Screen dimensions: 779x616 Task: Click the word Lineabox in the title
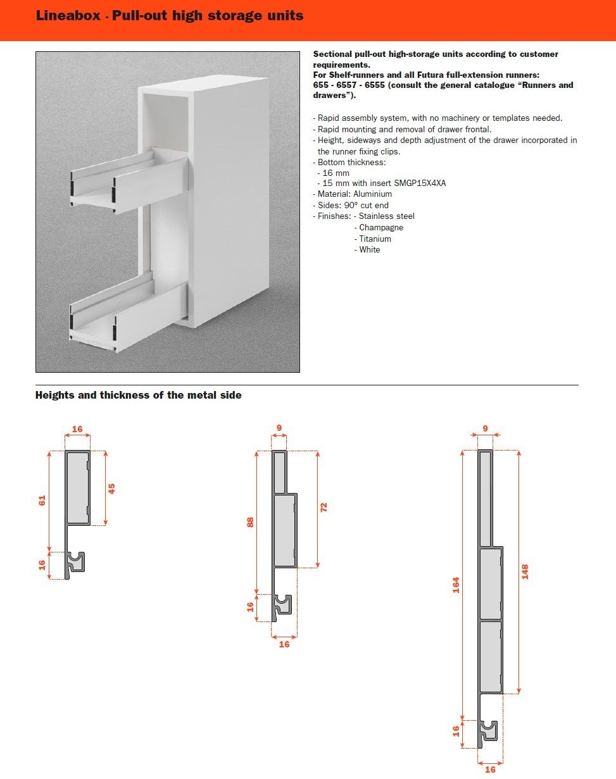coord(68,16)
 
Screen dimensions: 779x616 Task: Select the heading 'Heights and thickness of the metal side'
coord(138,396)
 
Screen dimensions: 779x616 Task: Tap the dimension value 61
coord(42,500)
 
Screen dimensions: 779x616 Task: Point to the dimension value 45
coord(112,488)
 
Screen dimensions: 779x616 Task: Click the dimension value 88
coord(250,522)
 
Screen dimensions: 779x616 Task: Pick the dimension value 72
coord(324,508)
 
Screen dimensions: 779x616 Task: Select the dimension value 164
coord(456,585)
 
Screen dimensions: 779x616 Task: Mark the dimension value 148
coord(525,571)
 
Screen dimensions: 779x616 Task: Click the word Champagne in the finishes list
coord(381,227)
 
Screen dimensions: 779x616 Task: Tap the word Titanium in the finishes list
coord(375,239)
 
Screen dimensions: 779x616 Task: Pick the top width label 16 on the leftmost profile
coord(77,429)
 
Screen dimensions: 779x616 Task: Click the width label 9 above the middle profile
coord(279,428)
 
